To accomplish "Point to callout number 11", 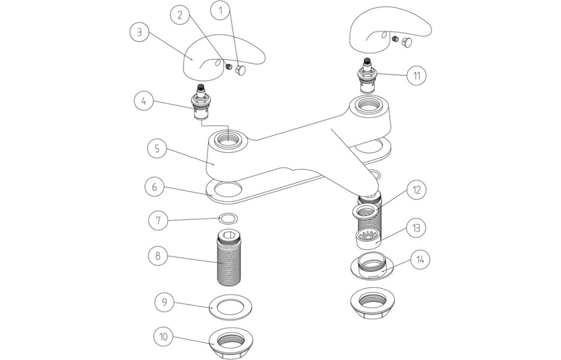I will click(417, 75).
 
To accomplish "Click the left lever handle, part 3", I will click(219, 55).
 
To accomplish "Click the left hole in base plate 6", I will click(228, 190).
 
